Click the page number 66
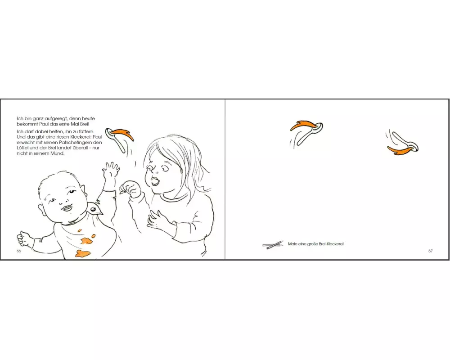(x=18, y=251)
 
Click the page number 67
(x=431, y=251)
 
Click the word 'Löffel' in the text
(x=23, y=148)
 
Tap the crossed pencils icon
(x=273, y=245)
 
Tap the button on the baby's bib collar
(x=93, y=210)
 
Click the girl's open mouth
(x=155, y=182)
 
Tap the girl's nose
(x=155, y=171)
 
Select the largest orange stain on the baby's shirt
(x=83, y=253)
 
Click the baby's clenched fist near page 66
(x=22, y=238)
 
